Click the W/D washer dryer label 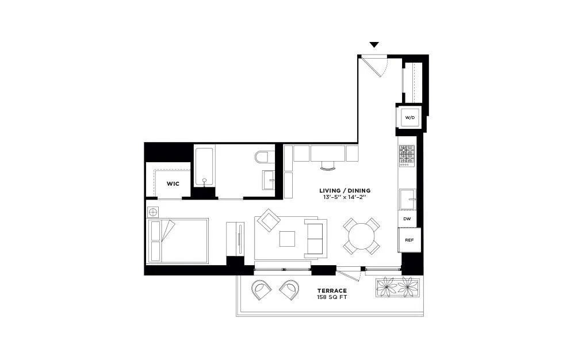click(410, 118)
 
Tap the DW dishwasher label click(407, 219)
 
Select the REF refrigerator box click(409, 239)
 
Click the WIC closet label click(173, 184)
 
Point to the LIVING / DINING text click(345, 190)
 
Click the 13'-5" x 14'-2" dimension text click(345, 197)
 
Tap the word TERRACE click(331, 291)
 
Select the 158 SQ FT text click(331, 298)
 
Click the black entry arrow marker click(374, 45)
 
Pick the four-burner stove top click(407, 155)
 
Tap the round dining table click(362, 236)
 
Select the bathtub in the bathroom click(204, 167)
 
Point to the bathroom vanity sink click(270, 179)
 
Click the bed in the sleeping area click(178, 241)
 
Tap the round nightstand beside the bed click(153, 212)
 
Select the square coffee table click(287, 238)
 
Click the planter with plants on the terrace click(397, 287)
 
